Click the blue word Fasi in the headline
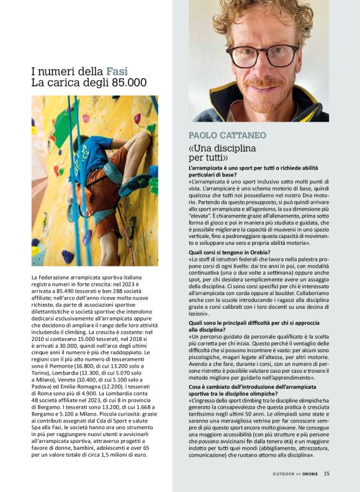pos(117,71)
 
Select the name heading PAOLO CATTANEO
pos(228,135)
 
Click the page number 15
pos(326,474)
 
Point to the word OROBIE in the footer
pos(307,474)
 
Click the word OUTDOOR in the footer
pos(283,474)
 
